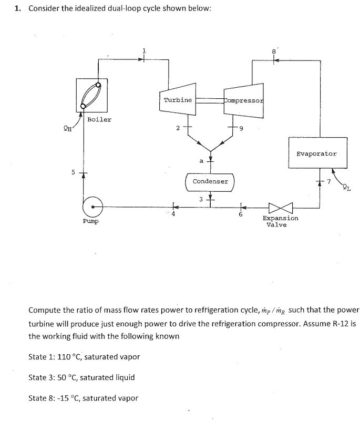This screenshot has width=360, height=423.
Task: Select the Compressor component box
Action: (x=243, y=100)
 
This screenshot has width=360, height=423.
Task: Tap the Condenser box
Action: (x=210, y=181)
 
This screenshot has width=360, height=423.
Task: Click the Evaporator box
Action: (x=316, y=154)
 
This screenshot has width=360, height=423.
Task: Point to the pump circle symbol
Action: (x=92, y=205)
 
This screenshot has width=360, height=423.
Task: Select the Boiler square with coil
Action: (x=91, y=95)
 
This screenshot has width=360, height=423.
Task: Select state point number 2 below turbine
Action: (x=178, y=128)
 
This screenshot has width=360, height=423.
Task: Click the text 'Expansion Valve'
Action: (x=281, y=221)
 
